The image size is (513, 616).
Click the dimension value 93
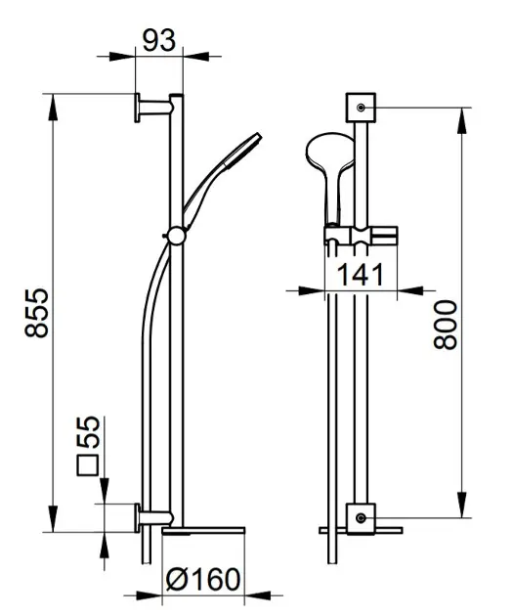click(158, 40)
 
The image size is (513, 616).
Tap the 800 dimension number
click(446, 325)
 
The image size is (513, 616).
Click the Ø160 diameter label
click(202, 579)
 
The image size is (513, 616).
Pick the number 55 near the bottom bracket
click(88, 432)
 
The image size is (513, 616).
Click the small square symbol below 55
click(88, 466)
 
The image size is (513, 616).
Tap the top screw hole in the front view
click(361, 108)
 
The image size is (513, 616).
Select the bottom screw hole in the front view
click(361, 518)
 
